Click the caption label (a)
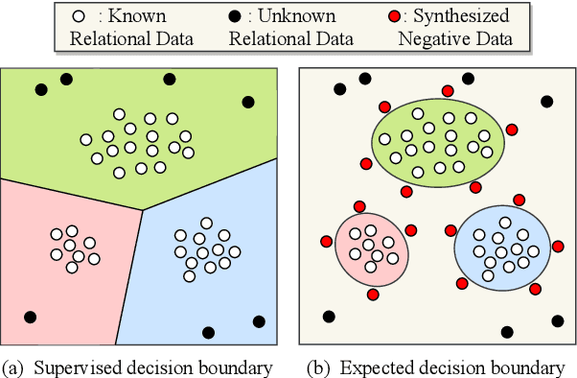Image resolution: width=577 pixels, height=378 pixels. (13, 366)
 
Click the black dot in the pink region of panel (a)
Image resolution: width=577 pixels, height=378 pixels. (30, 317)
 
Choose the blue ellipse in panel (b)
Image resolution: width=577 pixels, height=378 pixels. (502, 248)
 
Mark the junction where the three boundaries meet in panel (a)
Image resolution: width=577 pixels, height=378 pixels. (143, 210)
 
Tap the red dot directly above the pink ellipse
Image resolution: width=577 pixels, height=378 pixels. (359, 206)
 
